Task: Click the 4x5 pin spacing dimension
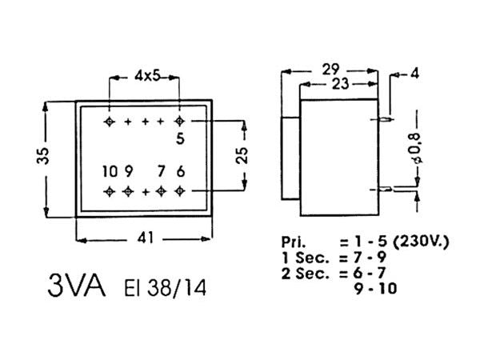point(145,77)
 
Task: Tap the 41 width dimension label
point(145,238)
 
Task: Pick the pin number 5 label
point(180,138)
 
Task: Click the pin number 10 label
point(110,171)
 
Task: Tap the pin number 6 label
point(181,171)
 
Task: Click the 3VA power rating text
point(77,286)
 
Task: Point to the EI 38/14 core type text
point(166,287)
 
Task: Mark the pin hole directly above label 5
point(179,122)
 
